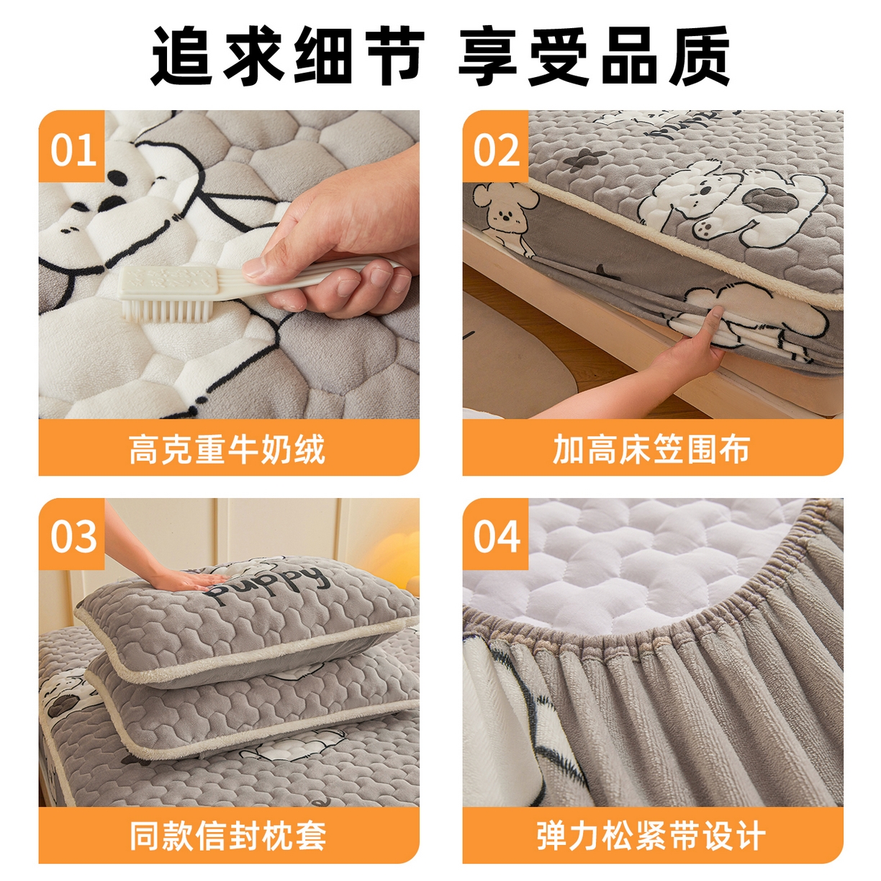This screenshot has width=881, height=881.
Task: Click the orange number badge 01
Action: coord(72,149)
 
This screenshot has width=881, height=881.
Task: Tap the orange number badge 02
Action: coord(496,149)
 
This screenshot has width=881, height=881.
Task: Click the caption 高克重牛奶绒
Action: coord(227,448)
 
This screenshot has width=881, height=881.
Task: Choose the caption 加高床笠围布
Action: coord(651,448)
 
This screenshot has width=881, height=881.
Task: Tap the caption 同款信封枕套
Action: coord(227,836)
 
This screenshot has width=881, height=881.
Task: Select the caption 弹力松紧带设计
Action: coord(651,836)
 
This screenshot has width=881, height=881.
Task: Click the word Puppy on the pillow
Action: coord(266,584)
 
